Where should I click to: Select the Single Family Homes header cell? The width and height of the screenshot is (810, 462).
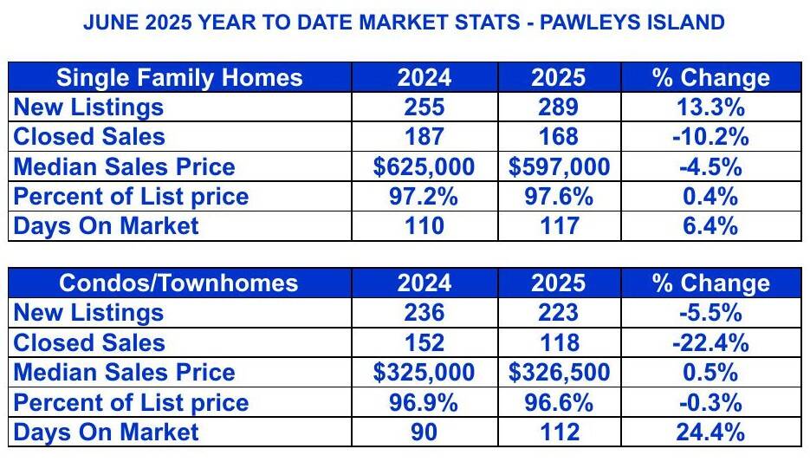click(x=180, y=77)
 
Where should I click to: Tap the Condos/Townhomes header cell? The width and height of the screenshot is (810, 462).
click(x=180, y=283)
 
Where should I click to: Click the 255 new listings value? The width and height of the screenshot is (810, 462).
click(x=424, y=107)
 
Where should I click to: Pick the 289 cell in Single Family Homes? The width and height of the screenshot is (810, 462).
click(x=559, y=107)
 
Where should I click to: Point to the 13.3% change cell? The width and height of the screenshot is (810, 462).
click(x=711, y=107)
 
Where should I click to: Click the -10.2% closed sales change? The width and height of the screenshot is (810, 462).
click(x=711, y=137)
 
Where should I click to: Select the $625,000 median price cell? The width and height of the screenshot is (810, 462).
click(x=424, y=166)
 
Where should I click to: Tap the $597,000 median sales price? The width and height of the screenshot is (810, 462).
click(x=559, y=166)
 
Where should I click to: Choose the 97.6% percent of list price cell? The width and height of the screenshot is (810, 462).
click(x=559, y=197)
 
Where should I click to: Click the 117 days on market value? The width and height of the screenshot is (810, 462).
click(x=559, y=226)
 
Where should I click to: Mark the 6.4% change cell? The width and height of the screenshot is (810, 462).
click(x=711, y=226)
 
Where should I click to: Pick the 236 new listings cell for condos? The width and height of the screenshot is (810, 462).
click(x=424, y=313)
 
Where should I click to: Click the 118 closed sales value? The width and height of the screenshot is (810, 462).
click(x=559, y=342)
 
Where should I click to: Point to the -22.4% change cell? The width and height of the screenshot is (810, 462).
click(x=711, y=342)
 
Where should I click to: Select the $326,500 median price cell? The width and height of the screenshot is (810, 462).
click(x=559, y=372)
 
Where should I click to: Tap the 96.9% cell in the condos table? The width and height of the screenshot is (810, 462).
click(x=424, y=402)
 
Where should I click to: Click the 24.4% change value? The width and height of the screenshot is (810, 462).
click(x=711, y=432)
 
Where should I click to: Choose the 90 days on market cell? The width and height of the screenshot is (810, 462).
click(x=424, y=432)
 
